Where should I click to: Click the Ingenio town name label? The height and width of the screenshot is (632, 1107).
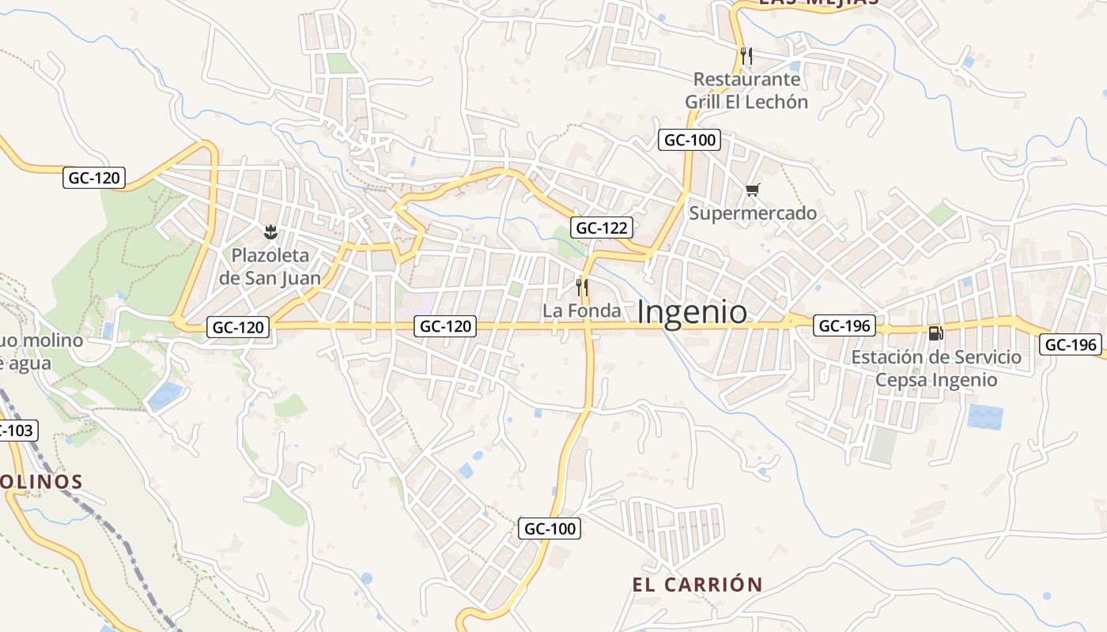(692, 313)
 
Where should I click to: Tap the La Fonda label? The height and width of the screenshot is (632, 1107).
(582, 311)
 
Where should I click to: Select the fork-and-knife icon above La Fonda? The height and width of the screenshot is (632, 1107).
(582, 287)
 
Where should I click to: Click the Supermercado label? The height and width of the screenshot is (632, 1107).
(753, 213)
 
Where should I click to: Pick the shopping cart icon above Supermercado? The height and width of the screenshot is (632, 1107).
(752, 190)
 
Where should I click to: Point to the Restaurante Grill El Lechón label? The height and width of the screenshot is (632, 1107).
(746, 91)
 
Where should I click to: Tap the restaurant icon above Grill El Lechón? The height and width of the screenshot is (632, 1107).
(746, 55)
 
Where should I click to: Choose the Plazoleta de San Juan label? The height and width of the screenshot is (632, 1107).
(270, 266)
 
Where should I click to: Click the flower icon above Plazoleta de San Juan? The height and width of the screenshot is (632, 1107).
(270, 231)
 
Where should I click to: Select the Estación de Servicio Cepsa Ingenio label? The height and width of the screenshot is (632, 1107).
(936, 368)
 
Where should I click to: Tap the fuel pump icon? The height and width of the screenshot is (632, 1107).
(935, 333)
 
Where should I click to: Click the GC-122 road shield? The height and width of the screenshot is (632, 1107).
(602, 228)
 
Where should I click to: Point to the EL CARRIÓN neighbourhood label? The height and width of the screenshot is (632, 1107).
(697, 585)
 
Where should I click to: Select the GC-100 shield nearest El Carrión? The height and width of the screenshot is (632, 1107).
(550, 529)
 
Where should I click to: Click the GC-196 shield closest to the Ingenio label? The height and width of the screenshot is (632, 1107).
(844, 325)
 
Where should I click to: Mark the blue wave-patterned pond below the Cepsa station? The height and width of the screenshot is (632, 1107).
(985, 416)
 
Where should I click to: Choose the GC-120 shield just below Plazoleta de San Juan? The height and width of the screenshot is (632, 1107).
(238, 327)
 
